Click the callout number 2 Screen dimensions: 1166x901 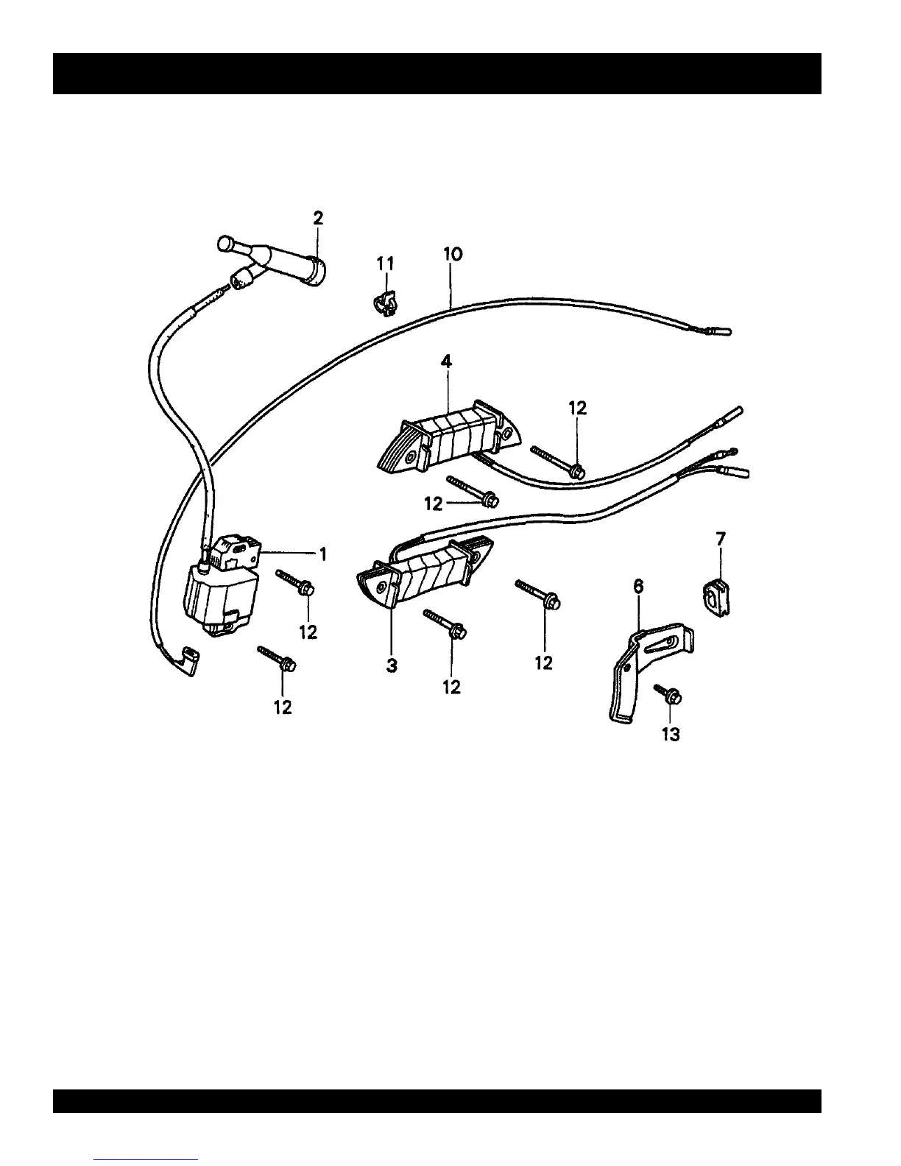317,218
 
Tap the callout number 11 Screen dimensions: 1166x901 386,264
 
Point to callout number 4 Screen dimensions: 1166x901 446,361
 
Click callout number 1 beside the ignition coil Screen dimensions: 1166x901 322,554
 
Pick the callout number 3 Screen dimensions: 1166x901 392,665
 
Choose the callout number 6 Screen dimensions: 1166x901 638,586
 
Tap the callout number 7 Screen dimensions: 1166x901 721,539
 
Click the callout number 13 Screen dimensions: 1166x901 671,734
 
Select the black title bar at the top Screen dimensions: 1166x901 437,74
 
